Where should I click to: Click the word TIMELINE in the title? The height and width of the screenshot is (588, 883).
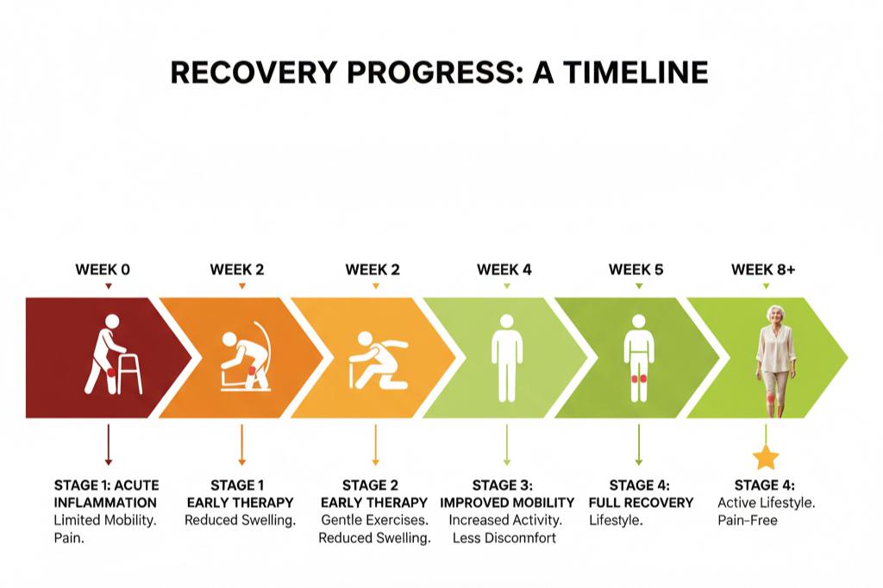[636, 72]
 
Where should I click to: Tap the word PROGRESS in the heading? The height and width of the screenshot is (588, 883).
[435, 72]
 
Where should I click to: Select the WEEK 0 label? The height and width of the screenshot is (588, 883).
[103, 270]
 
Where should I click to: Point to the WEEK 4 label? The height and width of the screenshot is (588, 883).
[504, 270]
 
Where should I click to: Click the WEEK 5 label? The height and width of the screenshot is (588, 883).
[636, 270]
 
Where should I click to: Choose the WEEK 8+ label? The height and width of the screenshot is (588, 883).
[763, 270]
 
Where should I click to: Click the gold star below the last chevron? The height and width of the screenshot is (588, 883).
[766, 458]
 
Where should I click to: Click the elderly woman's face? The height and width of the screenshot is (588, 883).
[775, 316]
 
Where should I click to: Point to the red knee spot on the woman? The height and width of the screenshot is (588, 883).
[770, 398]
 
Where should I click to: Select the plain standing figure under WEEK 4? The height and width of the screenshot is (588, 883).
[507, 358]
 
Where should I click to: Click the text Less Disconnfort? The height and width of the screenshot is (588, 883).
[504, 538]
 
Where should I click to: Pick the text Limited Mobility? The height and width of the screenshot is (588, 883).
[105, 520]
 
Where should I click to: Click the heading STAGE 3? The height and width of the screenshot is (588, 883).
[503, 485]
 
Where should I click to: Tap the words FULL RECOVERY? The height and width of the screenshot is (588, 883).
[641, 503]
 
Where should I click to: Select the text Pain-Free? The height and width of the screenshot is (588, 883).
[748, 520]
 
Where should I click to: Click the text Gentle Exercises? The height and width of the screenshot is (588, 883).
[374, 520]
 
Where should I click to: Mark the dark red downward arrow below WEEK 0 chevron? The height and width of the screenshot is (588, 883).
[108, 445]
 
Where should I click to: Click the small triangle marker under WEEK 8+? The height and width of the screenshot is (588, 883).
[766, 286]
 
